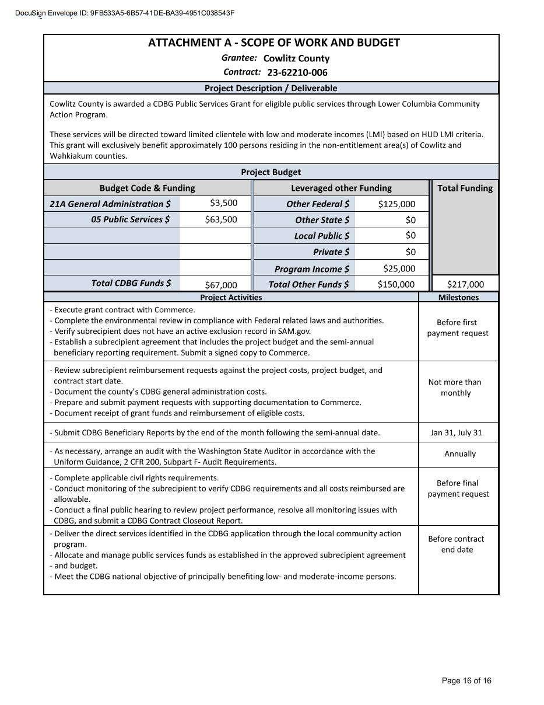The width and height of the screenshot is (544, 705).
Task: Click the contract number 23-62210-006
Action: click(x=297, y=73)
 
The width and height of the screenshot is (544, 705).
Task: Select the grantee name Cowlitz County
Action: click(x=296, y=58)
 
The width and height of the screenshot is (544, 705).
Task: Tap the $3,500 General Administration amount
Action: click(x=224, y=203)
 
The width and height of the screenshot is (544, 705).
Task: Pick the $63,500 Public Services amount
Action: click(x=221, y=219)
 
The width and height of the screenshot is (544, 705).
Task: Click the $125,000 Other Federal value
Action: click(x=396, y=204)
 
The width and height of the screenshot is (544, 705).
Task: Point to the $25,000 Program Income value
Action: click(x=399, y=268)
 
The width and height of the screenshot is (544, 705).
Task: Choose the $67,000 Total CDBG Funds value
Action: click(x=221, y=285)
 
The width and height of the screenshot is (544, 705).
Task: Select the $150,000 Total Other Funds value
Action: click(x=396, y=284)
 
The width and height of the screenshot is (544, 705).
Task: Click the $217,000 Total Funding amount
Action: click(x=465, y=284)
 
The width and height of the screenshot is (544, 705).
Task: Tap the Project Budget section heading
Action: click(x=271, y=172)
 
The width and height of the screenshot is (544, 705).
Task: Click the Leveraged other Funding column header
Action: click(x=341, y=188)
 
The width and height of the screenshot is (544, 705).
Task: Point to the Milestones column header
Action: click(x=458, y=298)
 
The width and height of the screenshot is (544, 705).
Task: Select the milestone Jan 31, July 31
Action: click(x=456, y=433)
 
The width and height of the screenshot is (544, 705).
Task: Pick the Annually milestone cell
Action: click(x=460, y=454)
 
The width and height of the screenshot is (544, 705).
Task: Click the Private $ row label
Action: click(x=331, y=252)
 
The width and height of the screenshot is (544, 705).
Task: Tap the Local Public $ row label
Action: click(x=322, y=236)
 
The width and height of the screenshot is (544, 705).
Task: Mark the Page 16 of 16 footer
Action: click(x=466, y=680)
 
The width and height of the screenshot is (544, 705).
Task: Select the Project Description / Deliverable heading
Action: click(x=271, y=88)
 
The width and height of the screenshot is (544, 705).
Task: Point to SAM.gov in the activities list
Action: click(x=278, y=331)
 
